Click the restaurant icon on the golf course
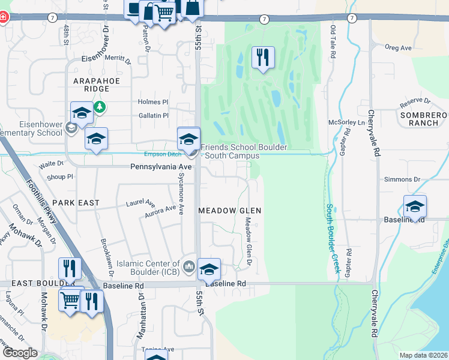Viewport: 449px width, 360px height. point(263,58)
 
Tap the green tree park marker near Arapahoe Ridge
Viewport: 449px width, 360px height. point(100,107)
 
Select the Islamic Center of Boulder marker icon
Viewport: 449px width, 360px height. point(189,265)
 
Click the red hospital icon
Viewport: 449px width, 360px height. point(3,17)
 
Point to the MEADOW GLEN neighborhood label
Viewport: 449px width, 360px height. point(230,211)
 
